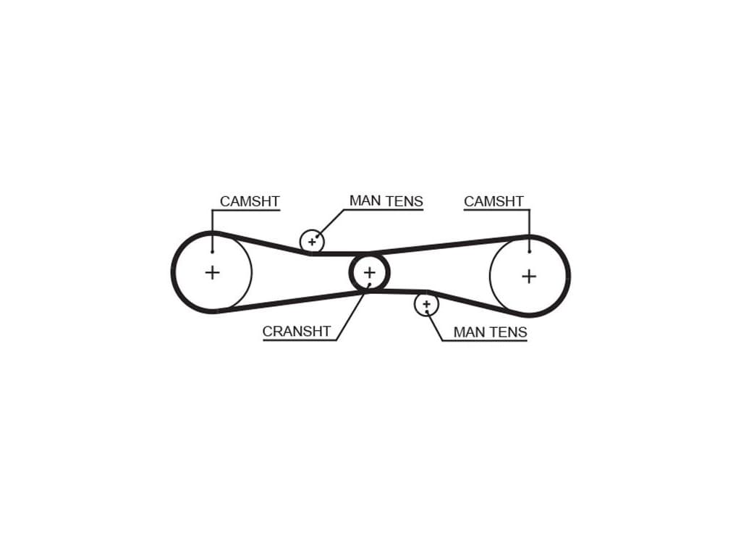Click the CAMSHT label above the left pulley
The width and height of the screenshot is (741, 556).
[x=250, y=201]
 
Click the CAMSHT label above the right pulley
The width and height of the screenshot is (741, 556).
[x=494, y=201]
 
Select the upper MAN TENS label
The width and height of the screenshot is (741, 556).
[x=386, y=201]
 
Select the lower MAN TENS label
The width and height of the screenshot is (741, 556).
[x=490, y=332]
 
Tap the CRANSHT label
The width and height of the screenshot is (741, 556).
[x=296, y=332]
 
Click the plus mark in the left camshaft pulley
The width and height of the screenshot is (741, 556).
[x=213, y=272]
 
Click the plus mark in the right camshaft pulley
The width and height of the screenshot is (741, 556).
[x=529, y=276]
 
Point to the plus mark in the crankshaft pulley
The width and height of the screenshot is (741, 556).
[x=370, y=272]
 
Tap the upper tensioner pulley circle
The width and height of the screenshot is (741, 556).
[x=312, y=242]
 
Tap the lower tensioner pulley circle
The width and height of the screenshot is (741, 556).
[x=426, y=305]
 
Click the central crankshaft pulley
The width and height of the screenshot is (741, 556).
[x=370, y=272]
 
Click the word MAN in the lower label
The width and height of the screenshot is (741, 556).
[x=467, y=332]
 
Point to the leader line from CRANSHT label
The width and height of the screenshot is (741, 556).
[x=353, y=312]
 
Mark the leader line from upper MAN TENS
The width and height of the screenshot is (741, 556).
[x=330, y=223]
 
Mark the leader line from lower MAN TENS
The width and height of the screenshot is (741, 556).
[x=434, y=326]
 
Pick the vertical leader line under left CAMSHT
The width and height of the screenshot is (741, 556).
[x=213, y=231]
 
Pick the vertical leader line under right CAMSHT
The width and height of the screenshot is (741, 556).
[x=529, y=231]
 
